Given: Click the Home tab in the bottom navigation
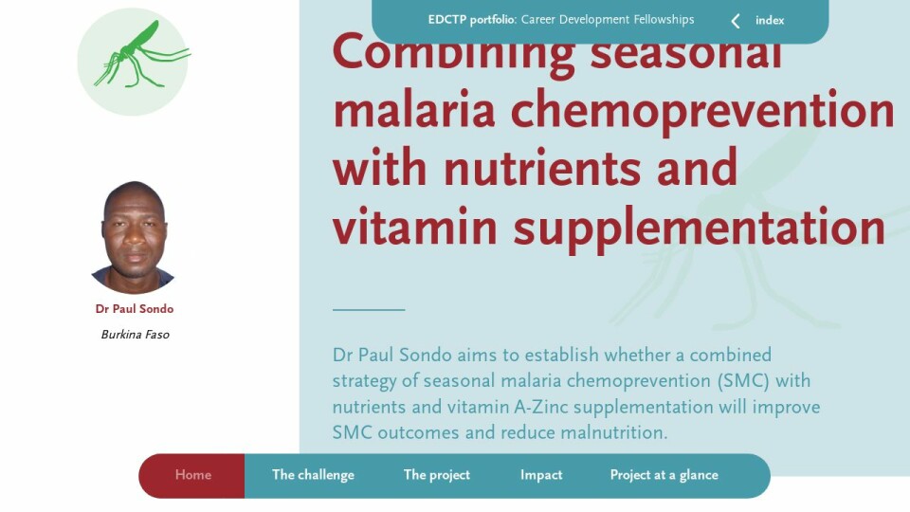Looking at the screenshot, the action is pos(193,475).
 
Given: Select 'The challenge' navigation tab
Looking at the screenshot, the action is pos(313,475).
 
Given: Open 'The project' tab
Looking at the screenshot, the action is pos(436,475).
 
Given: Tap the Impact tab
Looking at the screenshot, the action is pos(541,475).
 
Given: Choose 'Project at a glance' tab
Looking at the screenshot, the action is pos(664,475).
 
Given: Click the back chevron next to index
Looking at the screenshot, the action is pos(736,22).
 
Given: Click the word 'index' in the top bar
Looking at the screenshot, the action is pos(770,20).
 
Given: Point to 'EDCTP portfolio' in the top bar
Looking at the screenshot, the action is pos(471,20).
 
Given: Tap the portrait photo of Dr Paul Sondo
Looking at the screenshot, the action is pos(134,237).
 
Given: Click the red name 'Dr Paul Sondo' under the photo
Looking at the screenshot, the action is pos(135,309).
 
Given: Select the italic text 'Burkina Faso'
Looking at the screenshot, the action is pos(136,335).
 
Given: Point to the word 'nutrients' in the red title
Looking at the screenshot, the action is pos(542,168).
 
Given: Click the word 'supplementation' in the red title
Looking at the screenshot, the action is pos(700,229).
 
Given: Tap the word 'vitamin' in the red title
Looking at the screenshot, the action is pos(415,226).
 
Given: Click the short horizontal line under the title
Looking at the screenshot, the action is pos(369,310).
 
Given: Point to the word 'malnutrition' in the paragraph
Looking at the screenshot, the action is pos(614,432).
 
